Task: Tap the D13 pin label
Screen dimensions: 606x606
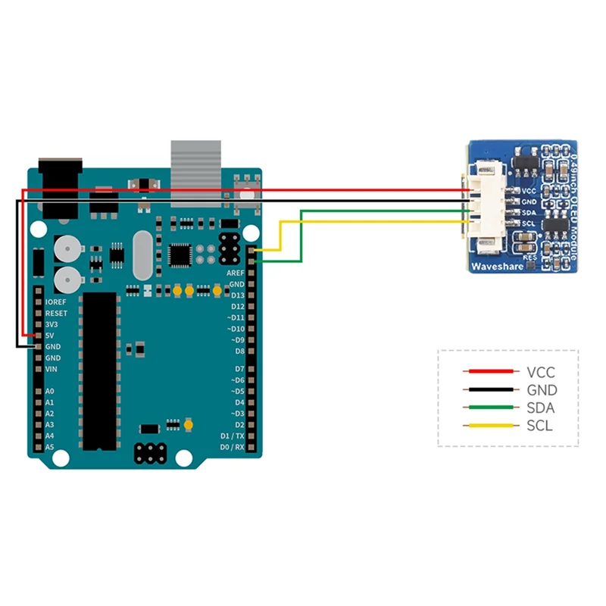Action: (237, 294)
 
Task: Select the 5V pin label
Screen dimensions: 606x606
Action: (49, 335)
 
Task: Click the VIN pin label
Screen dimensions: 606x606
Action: (52, 368)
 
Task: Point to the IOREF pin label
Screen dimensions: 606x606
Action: (56, 301)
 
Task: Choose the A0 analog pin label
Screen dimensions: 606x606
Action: (49, 392)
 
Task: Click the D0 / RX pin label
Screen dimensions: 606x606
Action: (233, 448)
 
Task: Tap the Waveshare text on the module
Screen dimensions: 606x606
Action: (494, 267)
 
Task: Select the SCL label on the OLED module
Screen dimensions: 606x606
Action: (529, 223)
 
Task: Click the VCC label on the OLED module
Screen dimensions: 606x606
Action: (529, 192)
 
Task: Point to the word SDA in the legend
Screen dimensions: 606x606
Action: (540, 408)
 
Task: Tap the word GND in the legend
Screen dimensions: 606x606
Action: (542, 390)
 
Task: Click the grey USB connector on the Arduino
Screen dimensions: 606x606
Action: (195, 173)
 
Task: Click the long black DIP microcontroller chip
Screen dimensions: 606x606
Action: (98, 371)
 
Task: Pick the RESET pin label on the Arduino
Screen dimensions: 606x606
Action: (56, 313)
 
